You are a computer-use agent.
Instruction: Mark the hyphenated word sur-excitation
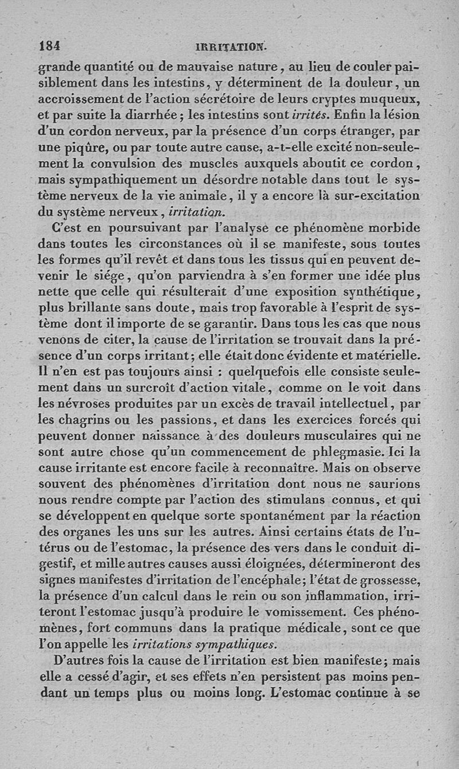tap(378, 195)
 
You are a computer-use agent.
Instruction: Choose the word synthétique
tap(375, 291)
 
